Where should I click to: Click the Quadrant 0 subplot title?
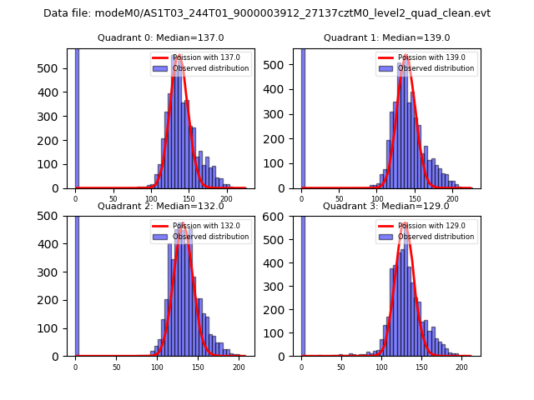coord(161,37)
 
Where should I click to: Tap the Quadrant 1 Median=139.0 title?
coord(386,37)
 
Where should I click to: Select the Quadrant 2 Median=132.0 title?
coord(161,206)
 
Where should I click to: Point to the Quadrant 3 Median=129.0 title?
coord(386,206)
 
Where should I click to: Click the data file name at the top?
coord(267,13)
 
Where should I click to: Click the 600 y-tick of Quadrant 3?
coord(282,217)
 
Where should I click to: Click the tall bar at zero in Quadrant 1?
coord(303,117)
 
